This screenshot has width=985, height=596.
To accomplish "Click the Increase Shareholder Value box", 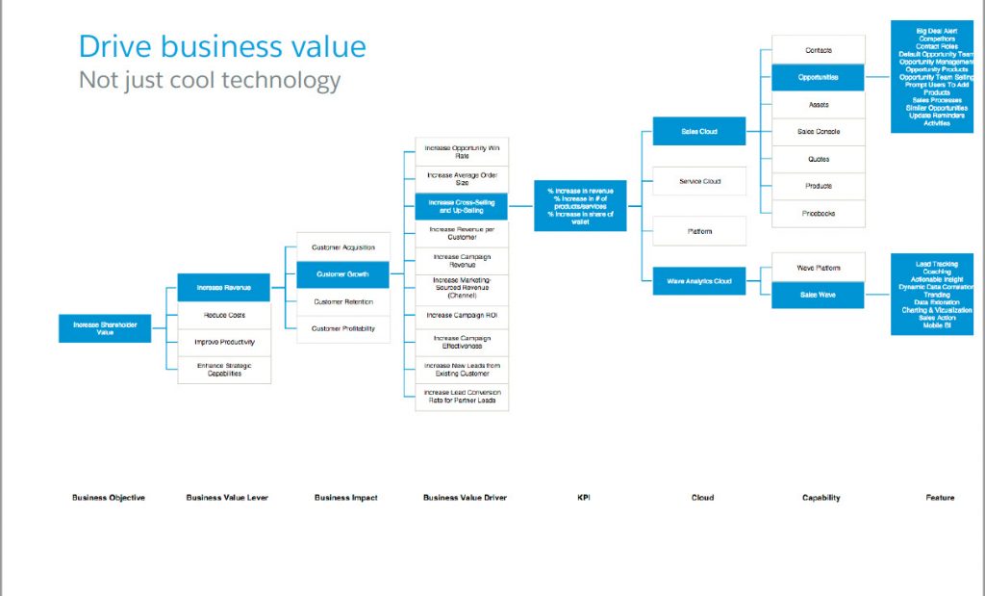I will tap(105, 328).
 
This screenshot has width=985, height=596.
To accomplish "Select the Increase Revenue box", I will tap(224, 288).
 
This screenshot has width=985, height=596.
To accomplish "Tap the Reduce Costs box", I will tap(224, 315).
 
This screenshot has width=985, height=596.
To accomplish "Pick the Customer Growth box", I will tap(343, 274).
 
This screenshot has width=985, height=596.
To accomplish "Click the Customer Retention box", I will tap(343, 301).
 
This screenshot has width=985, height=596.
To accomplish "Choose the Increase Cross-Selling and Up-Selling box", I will tap(462, 206).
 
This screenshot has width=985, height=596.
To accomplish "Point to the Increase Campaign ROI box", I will tap(462, 315).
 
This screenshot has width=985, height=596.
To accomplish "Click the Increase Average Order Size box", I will tap(462, 178).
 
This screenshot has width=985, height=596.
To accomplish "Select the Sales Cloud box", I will tap(699, 131).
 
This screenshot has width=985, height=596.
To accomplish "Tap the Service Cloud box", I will tap(699, 181).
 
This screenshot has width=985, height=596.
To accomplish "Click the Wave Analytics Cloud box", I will tap(699, 281).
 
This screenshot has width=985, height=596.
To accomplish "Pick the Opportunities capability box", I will tap(818, 77).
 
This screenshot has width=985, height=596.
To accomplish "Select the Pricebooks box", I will tap(818, 213).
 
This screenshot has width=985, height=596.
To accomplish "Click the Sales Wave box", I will tap(818, 295).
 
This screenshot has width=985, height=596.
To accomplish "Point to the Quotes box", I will tap(818, 159).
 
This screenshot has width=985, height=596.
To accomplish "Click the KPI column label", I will tap(583, 498).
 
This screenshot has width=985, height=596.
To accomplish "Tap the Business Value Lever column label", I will tap(227, 498).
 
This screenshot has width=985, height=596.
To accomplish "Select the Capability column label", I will tap(821, 498).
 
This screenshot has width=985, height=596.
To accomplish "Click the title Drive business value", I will tap(222, 46).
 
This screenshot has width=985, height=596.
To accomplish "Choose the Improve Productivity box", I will tap(224, 342).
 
